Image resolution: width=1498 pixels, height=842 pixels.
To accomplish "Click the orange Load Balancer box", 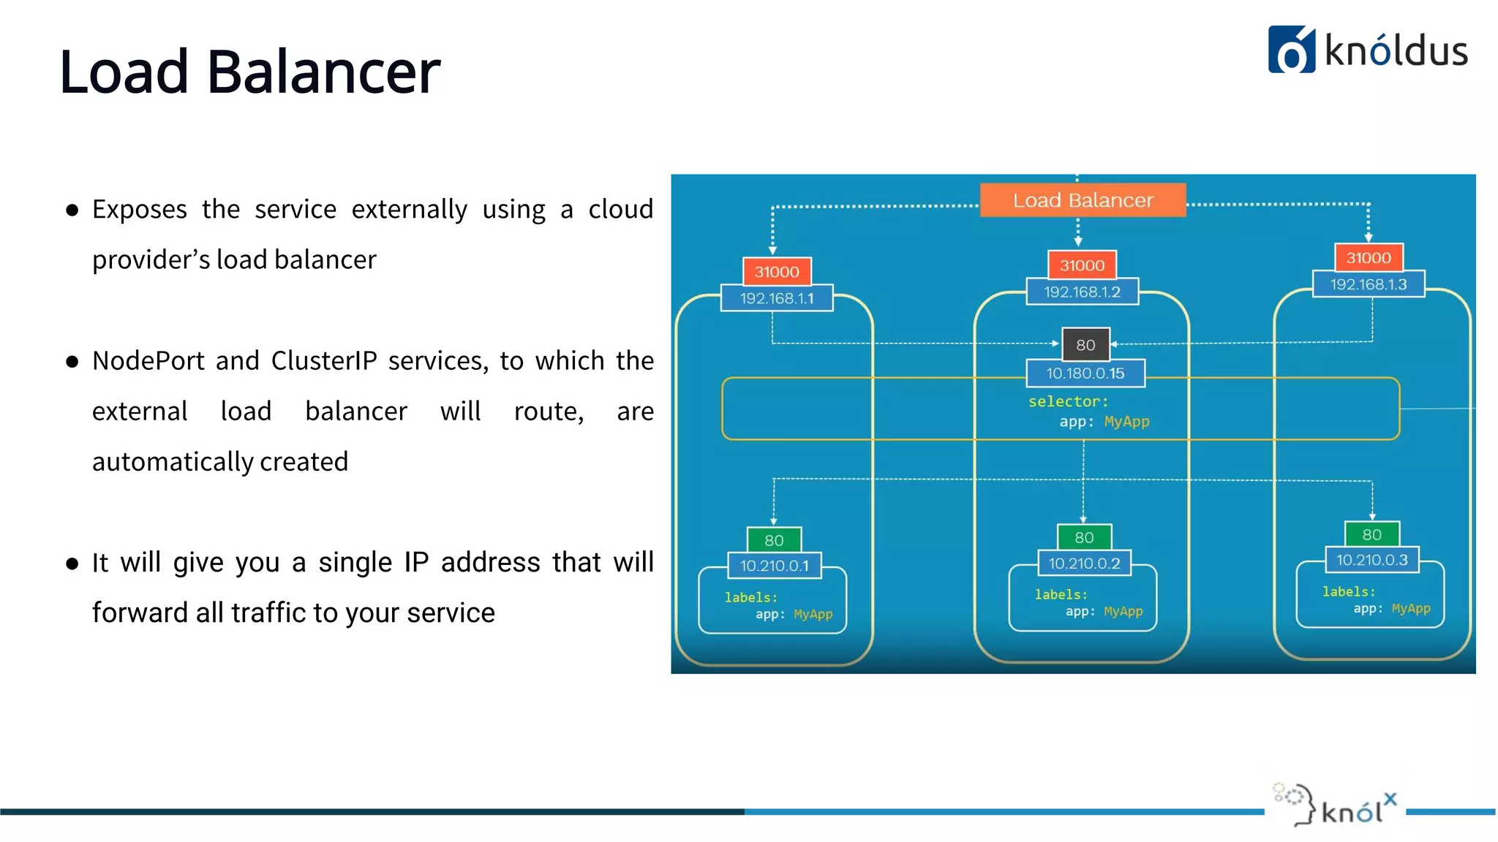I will tap(1083, 200).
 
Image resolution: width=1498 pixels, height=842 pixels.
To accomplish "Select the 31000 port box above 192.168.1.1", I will tap(776, 271).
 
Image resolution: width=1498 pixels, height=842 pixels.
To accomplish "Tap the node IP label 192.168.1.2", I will tap(1082, 292).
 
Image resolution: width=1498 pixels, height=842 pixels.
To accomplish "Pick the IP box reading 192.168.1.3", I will tap(1368, 284).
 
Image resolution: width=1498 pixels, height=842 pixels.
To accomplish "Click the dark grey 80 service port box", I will tap(1085, 344).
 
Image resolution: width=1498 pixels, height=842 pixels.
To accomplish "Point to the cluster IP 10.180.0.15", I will tap(1085, 373).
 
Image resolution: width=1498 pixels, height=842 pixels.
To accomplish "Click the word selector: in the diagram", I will tap(1068, 401).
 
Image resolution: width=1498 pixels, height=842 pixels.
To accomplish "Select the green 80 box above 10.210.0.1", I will tap(774, 539).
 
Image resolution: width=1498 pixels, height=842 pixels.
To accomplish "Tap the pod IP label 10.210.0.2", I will tap(1084, 563).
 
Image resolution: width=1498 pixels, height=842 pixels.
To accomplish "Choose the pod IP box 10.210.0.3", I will tap(1371, 560).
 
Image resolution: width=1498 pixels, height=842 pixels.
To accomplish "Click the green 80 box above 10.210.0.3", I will tap(1371, 534).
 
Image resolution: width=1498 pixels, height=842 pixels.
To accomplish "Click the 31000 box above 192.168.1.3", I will tap(1368, 257).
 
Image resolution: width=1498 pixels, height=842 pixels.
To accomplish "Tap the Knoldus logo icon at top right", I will tap(1291, 50).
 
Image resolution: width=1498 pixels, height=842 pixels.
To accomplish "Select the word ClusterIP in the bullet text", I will tap(324, 360).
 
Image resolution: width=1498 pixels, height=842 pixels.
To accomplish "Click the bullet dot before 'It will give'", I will tap(72, 563).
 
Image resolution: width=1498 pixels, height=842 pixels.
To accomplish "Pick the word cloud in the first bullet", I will tap(620, 209).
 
